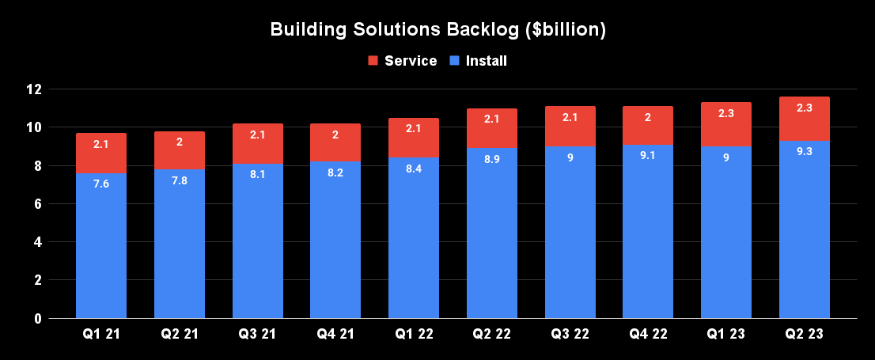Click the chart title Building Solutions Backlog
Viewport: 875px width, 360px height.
tap(437, 30)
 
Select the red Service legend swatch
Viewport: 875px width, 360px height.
tap(373, 61)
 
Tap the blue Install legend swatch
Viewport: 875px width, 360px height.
tap(455, 61)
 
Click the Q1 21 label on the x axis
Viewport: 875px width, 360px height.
tap(101, 335)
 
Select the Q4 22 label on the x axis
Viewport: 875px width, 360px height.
tap(648, 335)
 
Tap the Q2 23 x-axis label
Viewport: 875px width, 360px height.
tap(804, 335)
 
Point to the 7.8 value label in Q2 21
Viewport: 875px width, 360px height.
tap(179, 181)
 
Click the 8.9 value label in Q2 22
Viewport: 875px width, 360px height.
tap(491, 160)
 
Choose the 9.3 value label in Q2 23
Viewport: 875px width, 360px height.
tap(804, 152)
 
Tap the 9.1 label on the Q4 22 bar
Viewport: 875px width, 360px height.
tap(648, 156)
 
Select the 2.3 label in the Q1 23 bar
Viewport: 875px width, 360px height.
tap(725, 113)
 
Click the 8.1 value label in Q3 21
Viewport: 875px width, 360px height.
tap(257, 176)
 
